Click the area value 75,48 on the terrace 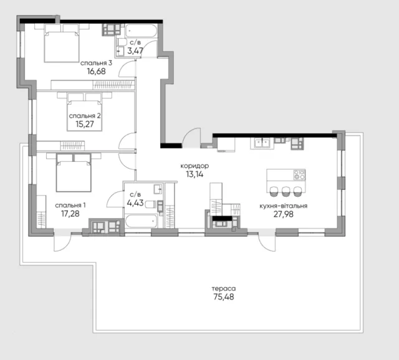click(224, 297)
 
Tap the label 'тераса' click(224, 288)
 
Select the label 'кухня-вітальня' click(284, 206)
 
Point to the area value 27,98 click(284, 214)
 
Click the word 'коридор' click(195, 166)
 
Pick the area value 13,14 click(195, 174)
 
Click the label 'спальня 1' click(70, 205)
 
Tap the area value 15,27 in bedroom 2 click(85, 124)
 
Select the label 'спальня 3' click(96, 63)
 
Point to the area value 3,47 click(135, 51)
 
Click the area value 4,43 click(135, 203)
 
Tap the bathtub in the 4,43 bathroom click(142, 221)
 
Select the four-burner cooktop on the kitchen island click(299, 174)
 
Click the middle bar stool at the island click(286, 191)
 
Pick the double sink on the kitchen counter click(262, 143)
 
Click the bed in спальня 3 click(61, 43)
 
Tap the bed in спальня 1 click(74, 173)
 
